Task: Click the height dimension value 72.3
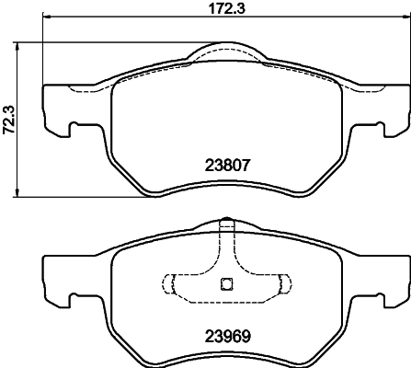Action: point(9,119)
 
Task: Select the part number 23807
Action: point(226,167)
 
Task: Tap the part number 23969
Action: point(226,336)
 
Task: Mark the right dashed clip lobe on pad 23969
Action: point(284,282)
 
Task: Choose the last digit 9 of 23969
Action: point(246,336)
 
